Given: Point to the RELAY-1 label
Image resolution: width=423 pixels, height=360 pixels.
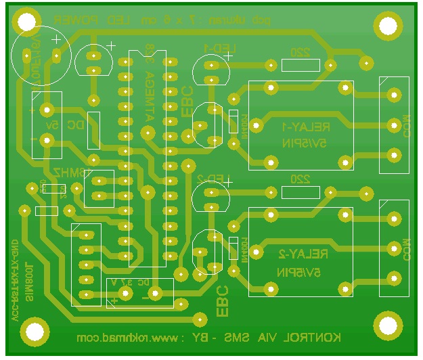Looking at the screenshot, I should coord(305,127).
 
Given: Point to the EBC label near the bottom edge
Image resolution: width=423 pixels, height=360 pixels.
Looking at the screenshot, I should coord(222,301).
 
